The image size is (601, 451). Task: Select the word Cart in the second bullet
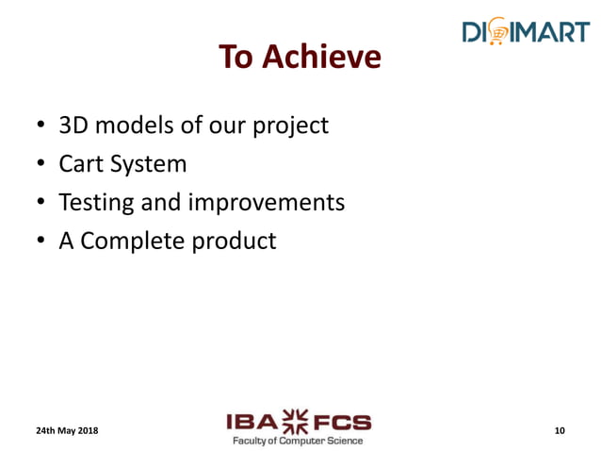coord(81,163)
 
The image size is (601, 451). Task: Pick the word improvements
coord(267,203)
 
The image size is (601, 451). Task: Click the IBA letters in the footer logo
coord(249,422)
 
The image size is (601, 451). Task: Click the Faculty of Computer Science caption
coord(297,440)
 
